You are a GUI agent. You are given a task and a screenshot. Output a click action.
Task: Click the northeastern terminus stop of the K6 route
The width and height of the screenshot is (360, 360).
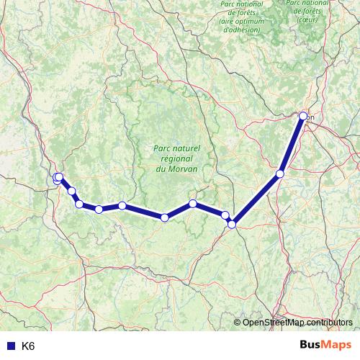tap(303, 116)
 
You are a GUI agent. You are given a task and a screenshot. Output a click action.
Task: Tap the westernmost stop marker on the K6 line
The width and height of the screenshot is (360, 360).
tap(56, 178)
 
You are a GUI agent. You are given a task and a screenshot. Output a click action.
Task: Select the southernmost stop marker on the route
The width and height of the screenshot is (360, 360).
tap(232, 225)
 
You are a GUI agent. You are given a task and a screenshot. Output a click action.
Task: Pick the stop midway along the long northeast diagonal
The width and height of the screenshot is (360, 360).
tap(280, 174)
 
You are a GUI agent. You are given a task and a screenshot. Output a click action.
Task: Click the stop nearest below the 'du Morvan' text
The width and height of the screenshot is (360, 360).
tap(193, 204)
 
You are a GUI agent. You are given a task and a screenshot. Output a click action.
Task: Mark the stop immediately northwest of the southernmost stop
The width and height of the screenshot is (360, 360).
tap(225, 215)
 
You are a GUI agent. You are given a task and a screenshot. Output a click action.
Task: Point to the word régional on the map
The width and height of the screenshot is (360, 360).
tap(176, 158)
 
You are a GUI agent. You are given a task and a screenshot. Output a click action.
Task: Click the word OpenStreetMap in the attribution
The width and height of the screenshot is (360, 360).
tap(273, 322)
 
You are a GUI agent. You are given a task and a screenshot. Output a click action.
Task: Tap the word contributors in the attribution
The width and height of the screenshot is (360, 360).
tap(329, 322)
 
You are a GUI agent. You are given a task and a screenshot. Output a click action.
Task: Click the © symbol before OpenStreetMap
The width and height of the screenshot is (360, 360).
tap(238, 322)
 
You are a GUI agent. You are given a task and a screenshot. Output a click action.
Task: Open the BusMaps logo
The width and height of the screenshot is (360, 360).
tap(325, 345)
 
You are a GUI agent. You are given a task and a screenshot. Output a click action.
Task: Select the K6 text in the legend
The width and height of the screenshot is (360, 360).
tap(28, 346)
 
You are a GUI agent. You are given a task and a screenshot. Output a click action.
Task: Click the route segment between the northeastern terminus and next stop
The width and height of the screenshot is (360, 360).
tap(292, 145)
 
